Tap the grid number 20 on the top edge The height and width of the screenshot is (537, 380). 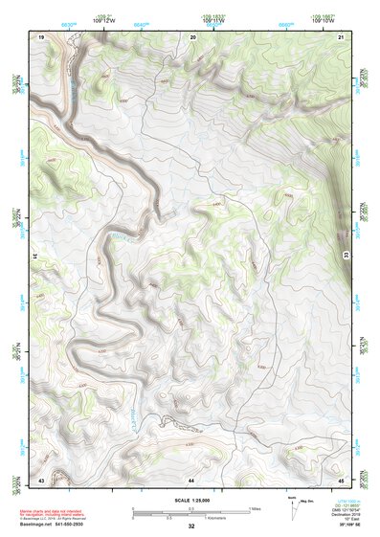click(x=193, y=36)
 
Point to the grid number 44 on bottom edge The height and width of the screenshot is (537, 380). click(x=191, y=478)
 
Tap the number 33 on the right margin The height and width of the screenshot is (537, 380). click(x=346, y=252)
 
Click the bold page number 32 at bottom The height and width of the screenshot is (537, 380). click(x=191, y=526)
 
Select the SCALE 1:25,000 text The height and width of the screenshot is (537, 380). click(x=191, y=500)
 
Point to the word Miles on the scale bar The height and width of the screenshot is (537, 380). click(x=256, y=507)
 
